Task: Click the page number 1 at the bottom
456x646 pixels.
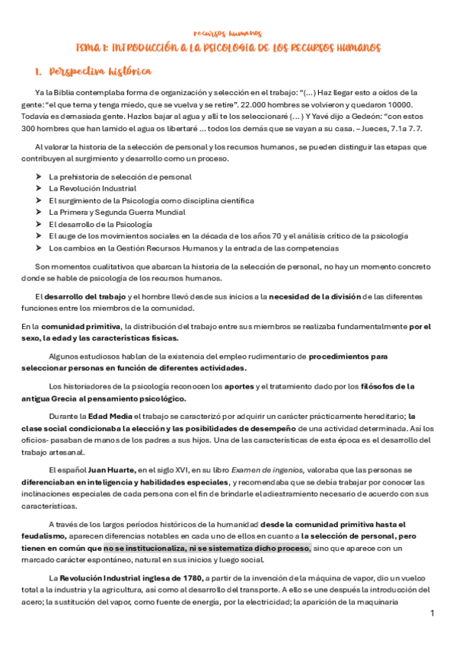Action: click(432, 613)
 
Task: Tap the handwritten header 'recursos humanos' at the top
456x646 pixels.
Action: click(228, 34)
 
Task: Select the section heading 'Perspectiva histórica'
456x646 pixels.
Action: click(100, 72)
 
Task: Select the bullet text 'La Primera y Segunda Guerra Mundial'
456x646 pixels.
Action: click(116, 213)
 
